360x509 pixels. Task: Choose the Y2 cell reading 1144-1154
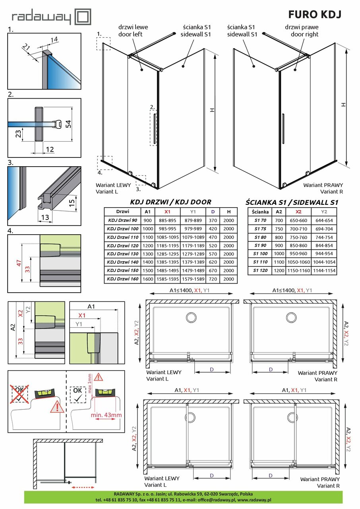[324, 271]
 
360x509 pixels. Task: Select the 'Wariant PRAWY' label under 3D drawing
[322, 185]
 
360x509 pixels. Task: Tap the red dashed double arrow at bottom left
[84, 487]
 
